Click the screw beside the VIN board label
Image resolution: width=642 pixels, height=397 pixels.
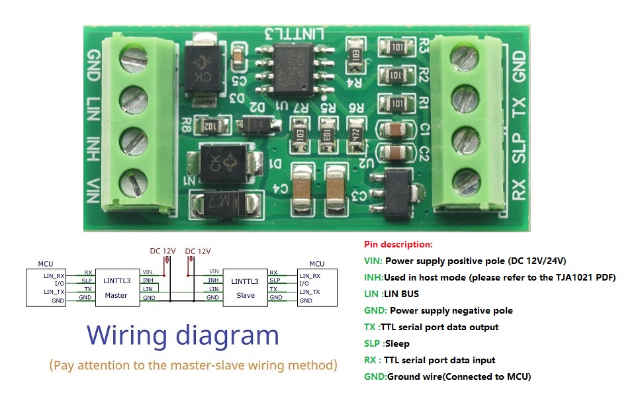pos(133,181)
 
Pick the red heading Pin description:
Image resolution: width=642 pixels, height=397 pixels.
pos(398,245)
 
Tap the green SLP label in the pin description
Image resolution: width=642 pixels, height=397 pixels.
pos(373,344)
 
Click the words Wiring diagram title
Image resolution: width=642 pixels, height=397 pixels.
pos(183,335)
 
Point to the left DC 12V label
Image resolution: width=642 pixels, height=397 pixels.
pos(162,251)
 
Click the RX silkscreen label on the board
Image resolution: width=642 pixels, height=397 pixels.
pos(518,189)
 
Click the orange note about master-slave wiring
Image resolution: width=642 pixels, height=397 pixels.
pos(193,365)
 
